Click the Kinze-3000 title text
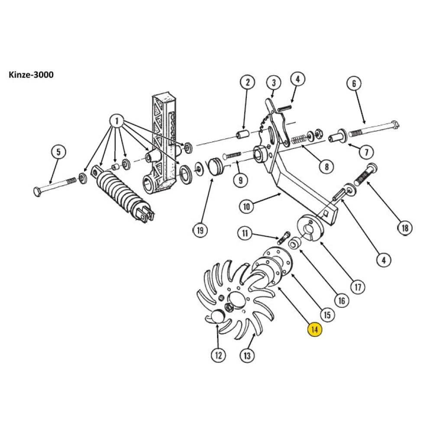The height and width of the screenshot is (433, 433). (x=31, y=75)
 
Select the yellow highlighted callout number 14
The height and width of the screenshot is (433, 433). (x=314, y=330)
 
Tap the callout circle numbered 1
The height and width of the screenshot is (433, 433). (x=116, y=121)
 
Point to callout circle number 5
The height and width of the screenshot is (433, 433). (x=59, y=152)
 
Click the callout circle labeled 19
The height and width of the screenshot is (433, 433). (x=200, y=230)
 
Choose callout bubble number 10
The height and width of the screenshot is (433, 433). (x=246, y=206)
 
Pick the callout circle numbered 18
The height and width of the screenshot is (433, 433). (x=404, y=228)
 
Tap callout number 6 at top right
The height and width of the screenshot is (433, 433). (x=354, y=84)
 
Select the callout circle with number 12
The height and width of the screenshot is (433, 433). (x=218, y=355)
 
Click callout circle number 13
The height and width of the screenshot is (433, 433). (x=247, y=356)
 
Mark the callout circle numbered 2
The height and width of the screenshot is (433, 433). (x=247, y=82)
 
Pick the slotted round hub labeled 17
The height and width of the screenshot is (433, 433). (x=311, y=228)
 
